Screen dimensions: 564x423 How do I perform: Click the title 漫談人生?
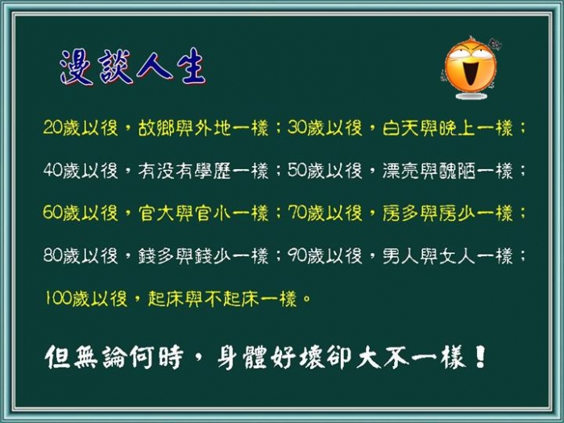pyautogui.click(x=133, y=67)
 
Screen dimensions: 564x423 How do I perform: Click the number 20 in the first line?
pyautogui.click(x=53, y=127)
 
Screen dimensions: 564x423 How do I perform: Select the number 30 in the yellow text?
pyautogui.click(x=297, y=127)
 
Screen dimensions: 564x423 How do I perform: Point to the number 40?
pyautogui.click(x=53, y=170)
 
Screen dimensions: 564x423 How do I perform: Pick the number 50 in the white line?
pyautogui.click(x=297, y=170)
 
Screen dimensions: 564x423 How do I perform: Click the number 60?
pyautogui.click(x=53, y=213)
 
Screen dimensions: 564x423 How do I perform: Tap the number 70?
pyautogui.click(x=297, y=213)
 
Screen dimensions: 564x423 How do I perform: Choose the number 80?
pyautogui.click(x=53, y=255)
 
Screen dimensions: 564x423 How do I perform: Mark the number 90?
pyautogui.click(x=297, y=255)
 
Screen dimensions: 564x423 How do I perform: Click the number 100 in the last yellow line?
pyautogui.click(x=58, y=298)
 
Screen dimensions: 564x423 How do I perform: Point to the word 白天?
pyautogui.click(x=400, y=127)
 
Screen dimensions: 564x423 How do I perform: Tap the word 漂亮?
pyautogui.click(x=400, y=170)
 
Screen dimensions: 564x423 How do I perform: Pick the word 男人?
pyautogui.click(x=400, y=255)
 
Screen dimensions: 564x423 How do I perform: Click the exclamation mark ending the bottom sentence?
pyautogui.click(x=480, y=356)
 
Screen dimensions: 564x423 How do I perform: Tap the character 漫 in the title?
pyautogui.click(x=77, y=67)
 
